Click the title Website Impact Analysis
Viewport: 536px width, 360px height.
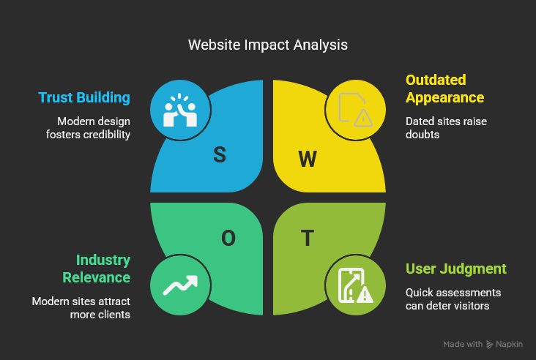coord(268,45)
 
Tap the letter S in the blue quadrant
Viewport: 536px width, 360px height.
coord(220,154)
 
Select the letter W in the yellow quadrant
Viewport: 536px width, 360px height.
coord(308,159)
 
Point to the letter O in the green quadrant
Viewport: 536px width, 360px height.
coord(228,238)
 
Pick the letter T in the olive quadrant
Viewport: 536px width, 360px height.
coord(308,238)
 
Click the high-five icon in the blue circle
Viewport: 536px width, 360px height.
coord(180,110)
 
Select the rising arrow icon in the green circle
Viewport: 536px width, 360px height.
coord(180,285)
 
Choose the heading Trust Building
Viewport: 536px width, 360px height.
coord(84,98)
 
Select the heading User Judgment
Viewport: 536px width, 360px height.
coord(455,269)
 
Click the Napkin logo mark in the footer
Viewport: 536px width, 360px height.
coord(489,344)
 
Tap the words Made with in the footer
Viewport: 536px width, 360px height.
coord(463,344)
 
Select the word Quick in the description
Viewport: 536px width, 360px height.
coord(420,292)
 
